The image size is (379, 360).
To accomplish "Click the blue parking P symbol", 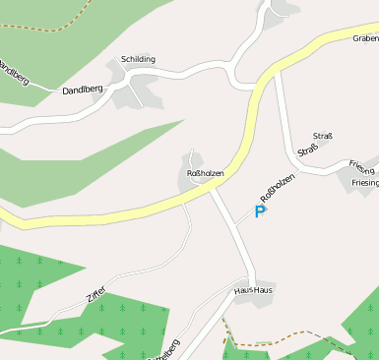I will (261, 211).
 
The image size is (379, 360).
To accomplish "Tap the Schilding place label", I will (138, 59).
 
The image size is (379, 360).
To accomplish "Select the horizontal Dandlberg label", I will (83, 90).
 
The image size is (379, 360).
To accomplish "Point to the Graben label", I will (365, 39).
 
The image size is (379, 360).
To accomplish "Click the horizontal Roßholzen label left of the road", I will (206, 173).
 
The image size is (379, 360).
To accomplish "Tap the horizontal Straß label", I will (323, 135).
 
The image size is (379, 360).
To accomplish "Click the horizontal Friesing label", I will (363, 183).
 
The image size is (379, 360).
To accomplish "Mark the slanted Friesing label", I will (361, 168).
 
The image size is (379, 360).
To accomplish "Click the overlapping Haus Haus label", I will (253, 290).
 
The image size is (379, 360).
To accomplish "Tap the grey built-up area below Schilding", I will (137, 93).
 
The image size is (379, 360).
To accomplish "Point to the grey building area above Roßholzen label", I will (193, 160).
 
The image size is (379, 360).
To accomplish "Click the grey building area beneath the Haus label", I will (254, 301).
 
